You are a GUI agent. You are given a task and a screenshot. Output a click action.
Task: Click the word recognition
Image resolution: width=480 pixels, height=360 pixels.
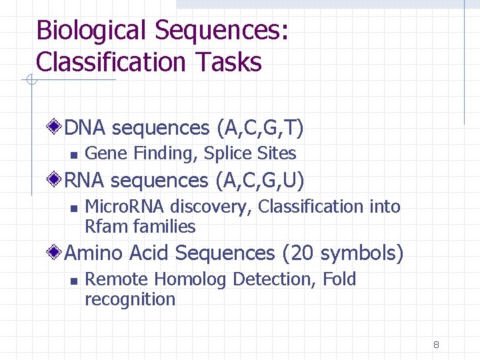tap(130, 299)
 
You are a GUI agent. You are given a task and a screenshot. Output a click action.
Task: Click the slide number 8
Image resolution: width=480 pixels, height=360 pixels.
tap(436, 345)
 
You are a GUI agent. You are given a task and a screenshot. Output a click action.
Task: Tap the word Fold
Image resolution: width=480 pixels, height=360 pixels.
tap(339, 279)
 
